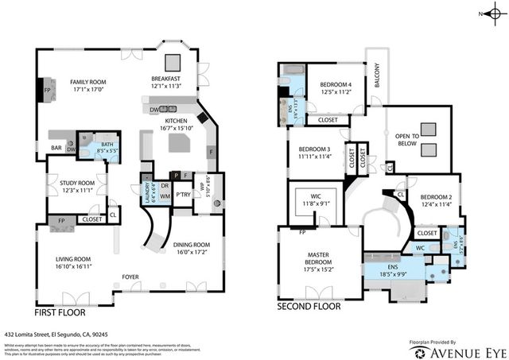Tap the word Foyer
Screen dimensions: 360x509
pyautogui.click(x=130, y=277)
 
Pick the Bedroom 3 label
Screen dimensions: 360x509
pyautogui.click(x=314, y=153)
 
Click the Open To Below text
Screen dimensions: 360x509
pyautogui.click(x=412, y=141)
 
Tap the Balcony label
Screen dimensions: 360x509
pyautogui.click(x=378, y=77)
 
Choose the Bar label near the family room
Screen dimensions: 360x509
pyautogui.click(x=56, y=148)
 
